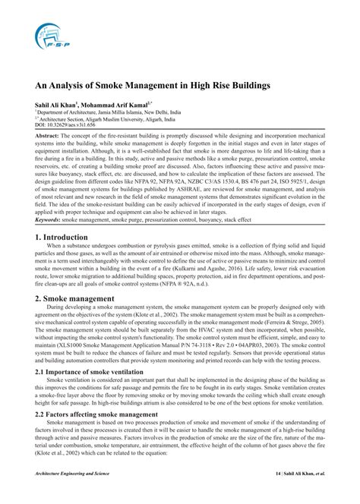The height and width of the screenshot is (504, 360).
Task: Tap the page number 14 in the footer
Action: (278, 494)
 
